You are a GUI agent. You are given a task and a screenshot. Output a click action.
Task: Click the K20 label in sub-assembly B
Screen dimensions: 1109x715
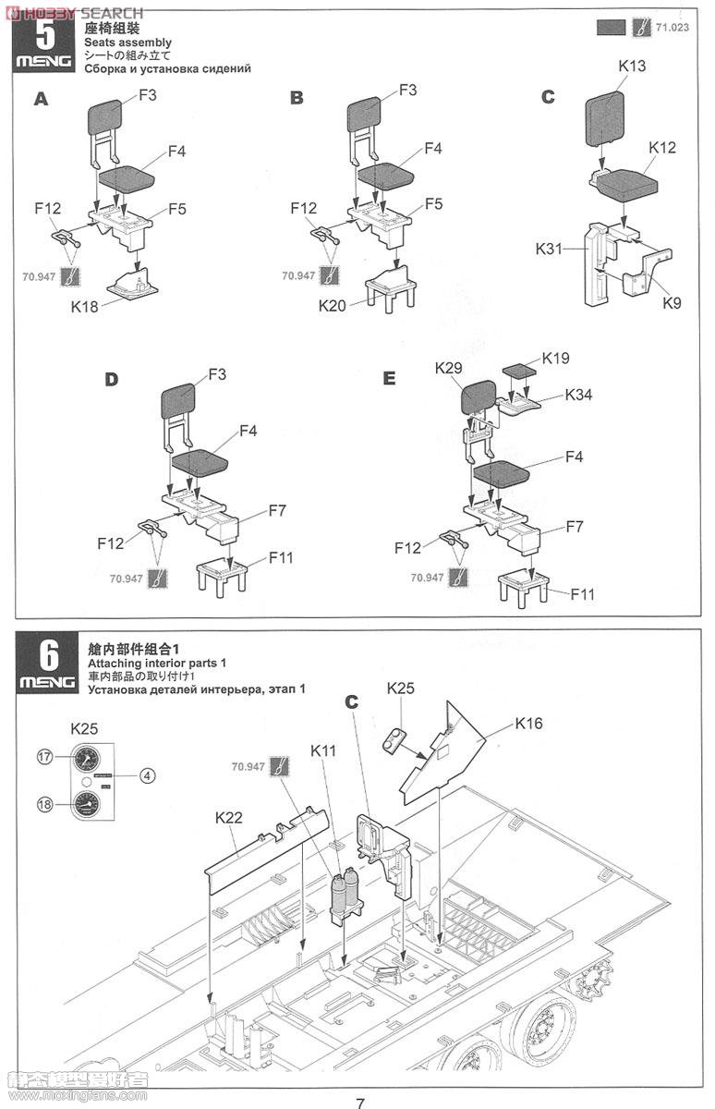[333, 305]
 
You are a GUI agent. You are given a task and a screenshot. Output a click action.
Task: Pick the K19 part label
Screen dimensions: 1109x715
[557, 358]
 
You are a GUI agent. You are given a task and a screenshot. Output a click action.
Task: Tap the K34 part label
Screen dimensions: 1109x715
[578, 395]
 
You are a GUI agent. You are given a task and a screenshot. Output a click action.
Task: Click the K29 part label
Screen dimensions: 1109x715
[449, 368]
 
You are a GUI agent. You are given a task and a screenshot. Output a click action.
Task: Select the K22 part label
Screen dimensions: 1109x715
[228, 817]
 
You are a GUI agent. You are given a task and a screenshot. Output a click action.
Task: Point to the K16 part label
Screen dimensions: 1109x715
[530, 723]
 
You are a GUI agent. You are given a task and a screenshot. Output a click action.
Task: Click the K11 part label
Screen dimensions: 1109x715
[325, 751]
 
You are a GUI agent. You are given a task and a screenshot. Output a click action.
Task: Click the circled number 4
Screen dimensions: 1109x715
[147, 775]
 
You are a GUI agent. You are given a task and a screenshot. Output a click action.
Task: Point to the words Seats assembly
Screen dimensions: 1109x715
[127, 43]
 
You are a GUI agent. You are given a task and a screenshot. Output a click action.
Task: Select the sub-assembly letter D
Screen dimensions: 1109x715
[113, 379]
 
